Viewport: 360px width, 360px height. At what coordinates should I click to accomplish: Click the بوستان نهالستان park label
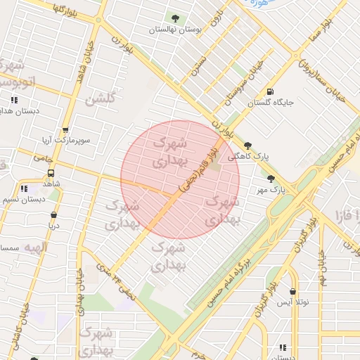pos(175,30)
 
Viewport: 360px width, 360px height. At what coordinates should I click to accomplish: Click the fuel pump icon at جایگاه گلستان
pos(270,92)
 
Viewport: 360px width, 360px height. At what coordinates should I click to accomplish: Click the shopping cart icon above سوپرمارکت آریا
pos(65,130)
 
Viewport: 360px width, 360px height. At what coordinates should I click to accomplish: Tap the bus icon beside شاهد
pos(51,173)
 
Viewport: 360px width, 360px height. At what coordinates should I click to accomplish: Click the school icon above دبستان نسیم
pos(25,188)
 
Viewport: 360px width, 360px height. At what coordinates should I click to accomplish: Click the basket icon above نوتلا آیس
pos(292,291)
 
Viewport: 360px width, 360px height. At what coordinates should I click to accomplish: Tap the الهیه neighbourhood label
pos(34,247)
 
